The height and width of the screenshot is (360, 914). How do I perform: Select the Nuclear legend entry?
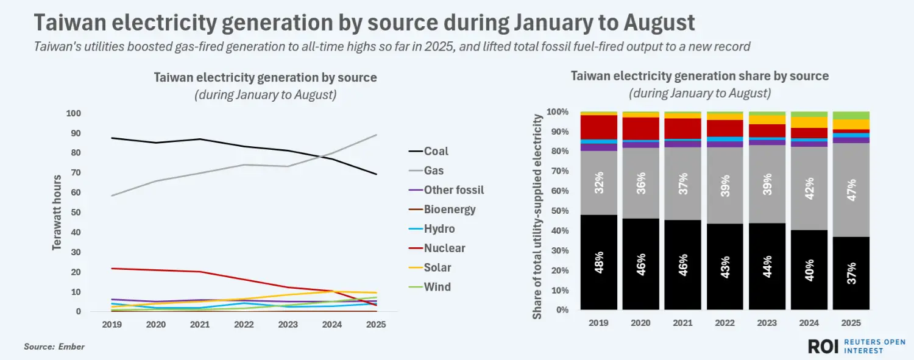pos(444,249)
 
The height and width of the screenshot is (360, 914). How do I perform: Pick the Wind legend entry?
pos(437,287)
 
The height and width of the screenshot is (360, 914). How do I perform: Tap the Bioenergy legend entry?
pos(450,210)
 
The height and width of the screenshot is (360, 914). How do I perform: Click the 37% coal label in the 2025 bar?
pos(851,272)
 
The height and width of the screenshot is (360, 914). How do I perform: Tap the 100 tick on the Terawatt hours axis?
pos(73,114)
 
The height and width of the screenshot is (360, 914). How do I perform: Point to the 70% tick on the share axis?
pos(559,172)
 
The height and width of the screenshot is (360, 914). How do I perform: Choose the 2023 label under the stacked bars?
pos(767,323)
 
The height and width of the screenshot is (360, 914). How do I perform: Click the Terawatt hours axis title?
pos(57,213)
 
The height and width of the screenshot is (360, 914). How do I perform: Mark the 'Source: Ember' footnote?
pos(54,347)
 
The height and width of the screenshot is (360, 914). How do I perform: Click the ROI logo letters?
pos(824,346)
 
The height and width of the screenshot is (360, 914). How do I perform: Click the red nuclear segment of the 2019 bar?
pos(600,127)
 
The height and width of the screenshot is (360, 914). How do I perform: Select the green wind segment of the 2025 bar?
pos(851,115)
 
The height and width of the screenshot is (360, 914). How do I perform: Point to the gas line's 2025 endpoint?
pos(376,135)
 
